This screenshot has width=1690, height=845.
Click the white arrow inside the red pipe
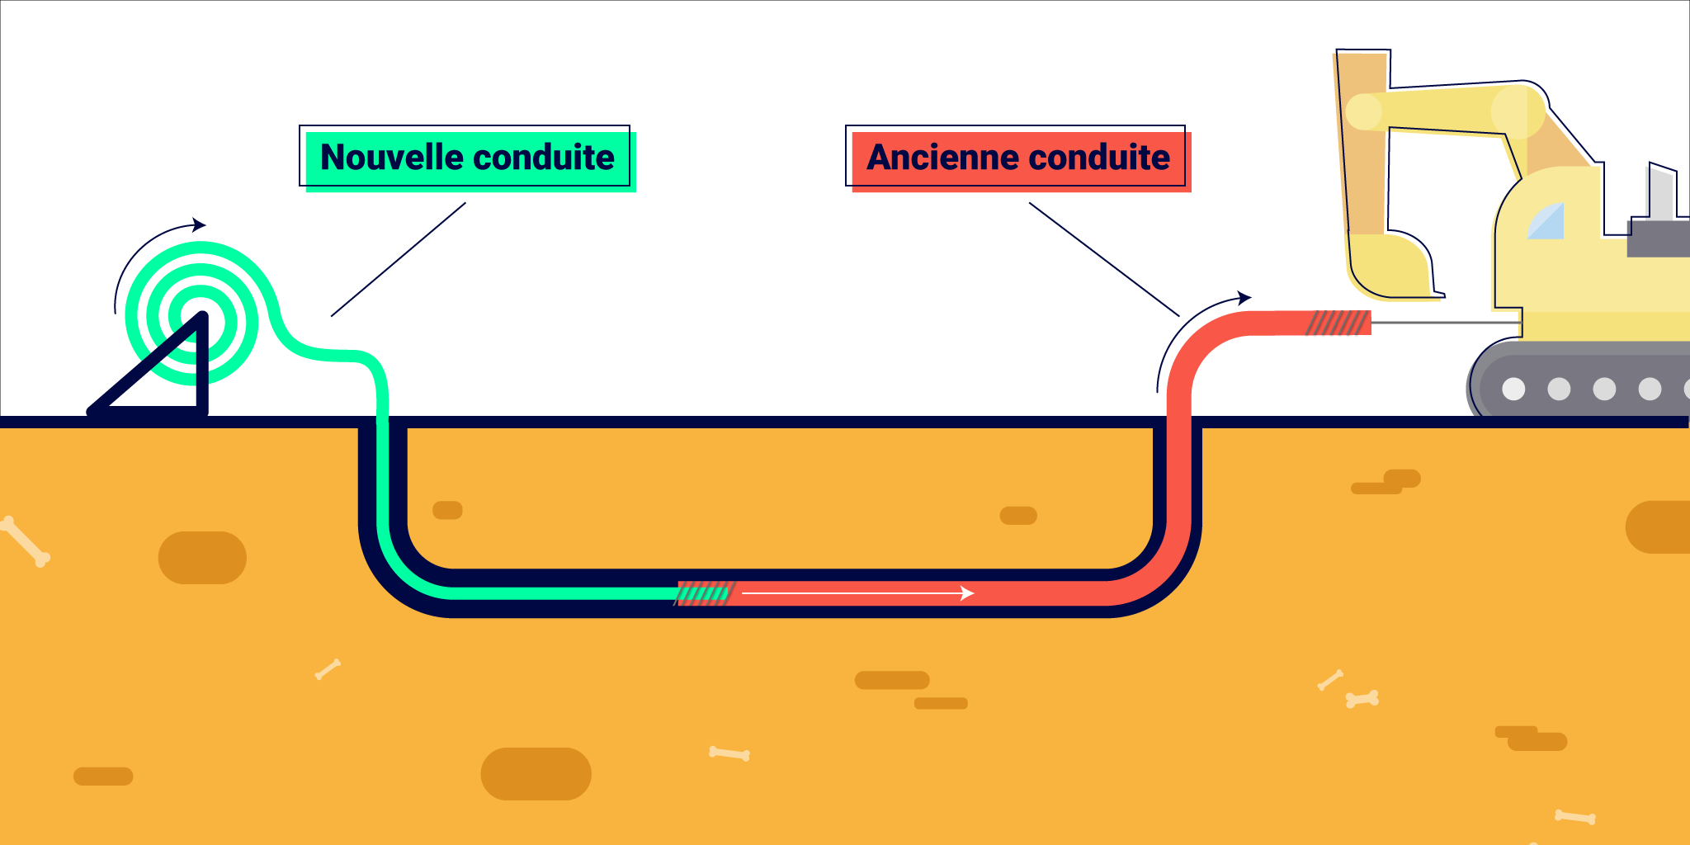[x=858, y=592]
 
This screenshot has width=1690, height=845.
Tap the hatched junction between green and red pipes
[x=705, y=592]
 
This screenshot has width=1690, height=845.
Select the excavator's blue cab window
[x=1547, y=222]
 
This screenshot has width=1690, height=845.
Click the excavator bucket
[x=1390, y=266]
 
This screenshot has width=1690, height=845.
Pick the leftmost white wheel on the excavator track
[x=1513, y=389]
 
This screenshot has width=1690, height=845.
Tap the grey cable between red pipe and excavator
[x=1444, y=323]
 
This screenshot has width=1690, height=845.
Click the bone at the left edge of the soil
[x=25, y=541]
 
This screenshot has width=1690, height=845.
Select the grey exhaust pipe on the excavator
[x=1660, y=194]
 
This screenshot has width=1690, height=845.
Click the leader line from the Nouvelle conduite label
[x=399, y=259]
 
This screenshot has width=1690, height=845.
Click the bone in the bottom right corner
[x=1574, y=817]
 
